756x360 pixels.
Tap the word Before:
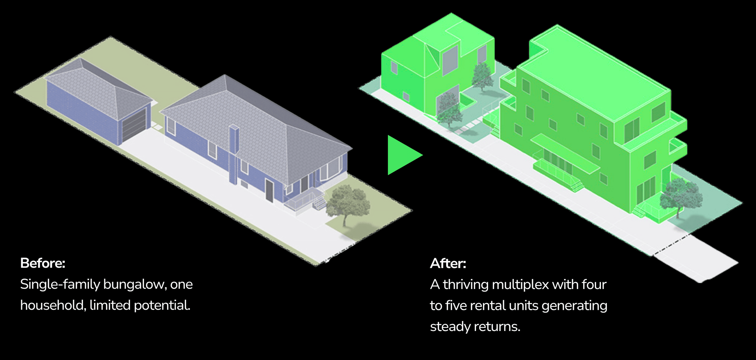(43, 263)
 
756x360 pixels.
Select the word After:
(448, 264)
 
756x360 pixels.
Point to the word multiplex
(520, 285)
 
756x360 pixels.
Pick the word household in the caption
(53, 305)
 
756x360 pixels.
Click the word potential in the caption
(162, 306)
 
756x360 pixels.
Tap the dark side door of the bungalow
(269, 190)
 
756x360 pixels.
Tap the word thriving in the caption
(465, 285)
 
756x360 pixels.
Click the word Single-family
(60, 284)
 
